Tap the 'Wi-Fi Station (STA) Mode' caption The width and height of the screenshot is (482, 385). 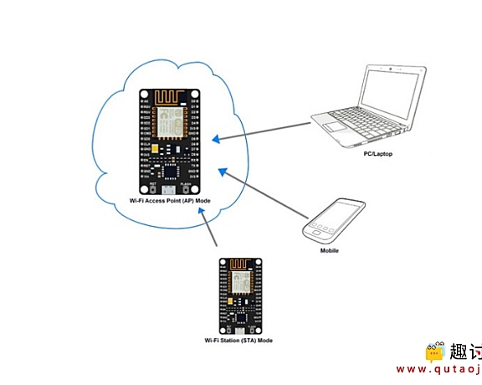tap(238, 341)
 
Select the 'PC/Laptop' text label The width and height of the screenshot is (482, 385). tap(379, 153)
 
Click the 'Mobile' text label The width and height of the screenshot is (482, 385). tap(330, 249)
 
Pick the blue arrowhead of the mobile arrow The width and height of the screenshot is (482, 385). tap(223, 172)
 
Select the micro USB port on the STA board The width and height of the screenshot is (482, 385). tap(238, 330)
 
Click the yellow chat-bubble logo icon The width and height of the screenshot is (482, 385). tap(433, 352)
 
